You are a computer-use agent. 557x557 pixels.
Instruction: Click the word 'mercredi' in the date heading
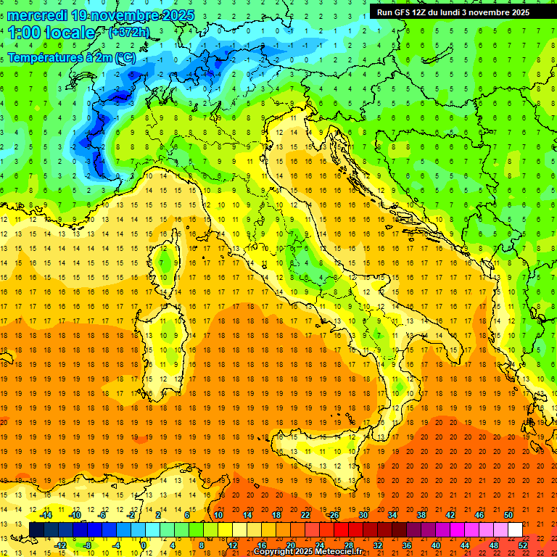pos(38,15)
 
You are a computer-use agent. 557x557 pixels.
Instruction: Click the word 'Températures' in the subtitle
pos(44,57)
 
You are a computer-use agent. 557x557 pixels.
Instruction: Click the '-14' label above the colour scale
pos(45,514)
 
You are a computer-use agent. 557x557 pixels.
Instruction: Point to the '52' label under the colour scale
pos(523,545)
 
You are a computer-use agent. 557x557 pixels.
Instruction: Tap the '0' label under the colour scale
pos(144,545)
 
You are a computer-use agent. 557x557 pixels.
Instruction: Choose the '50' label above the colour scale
pos(508,514)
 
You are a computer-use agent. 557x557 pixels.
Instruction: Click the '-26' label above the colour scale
pos(333,514)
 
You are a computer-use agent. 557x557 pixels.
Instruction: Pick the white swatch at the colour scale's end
pos(515,530)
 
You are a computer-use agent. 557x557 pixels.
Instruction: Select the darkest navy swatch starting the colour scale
pos(36,530)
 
